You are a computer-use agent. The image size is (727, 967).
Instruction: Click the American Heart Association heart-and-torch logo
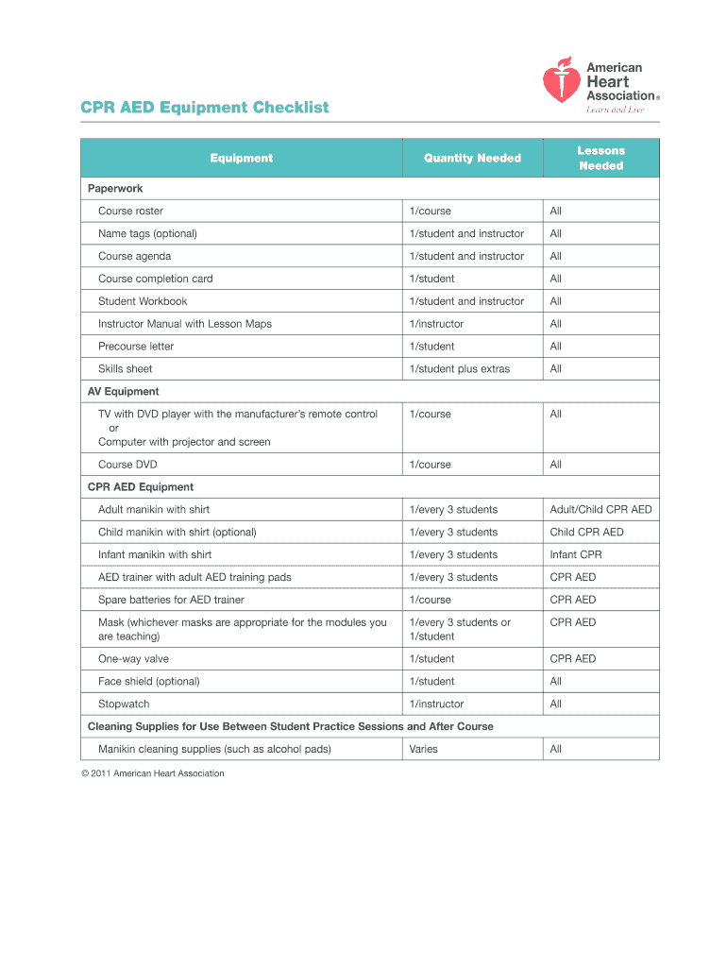click(x=560, y=81)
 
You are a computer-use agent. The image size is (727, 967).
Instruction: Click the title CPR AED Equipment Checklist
click(x=205, y=108)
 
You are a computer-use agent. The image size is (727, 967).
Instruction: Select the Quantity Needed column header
click(x=472, y=159)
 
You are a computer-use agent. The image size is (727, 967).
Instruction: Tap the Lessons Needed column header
click(x=600, y=159)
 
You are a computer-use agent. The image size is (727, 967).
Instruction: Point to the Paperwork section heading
click(x=115, y=189)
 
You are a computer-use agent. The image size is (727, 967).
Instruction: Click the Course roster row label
click(x=130, y=212)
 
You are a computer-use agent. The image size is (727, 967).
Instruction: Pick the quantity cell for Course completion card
click(x=431, y=279)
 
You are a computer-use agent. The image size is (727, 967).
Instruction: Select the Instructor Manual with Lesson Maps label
click(x=185, y=324)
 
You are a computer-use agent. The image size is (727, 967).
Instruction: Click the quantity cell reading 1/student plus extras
click(x=459, y=369)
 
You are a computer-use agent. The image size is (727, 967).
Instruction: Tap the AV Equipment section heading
click(x=124, y=392)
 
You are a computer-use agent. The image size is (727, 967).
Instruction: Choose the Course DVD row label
click(x=127, y=465)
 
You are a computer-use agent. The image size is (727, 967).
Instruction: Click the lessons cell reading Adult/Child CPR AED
click(x=600, y=510)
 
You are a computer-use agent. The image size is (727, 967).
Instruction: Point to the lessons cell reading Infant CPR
click(x=576, y=555)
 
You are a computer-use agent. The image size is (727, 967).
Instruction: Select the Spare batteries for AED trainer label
click(x=171, y=601)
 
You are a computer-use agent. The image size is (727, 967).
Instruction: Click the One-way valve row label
click(x=133, y=659)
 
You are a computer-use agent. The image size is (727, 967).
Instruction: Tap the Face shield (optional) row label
click(x=148, y=682)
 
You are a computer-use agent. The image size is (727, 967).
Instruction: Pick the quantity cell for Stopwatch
click(x=436, y=704)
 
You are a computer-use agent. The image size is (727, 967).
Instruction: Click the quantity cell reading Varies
click(x=423, y=750)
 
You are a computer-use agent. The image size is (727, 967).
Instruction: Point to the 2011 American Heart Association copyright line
click(x=152, y=774)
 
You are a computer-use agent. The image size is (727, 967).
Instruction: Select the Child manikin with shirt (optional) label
click(x=178, y=533)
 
